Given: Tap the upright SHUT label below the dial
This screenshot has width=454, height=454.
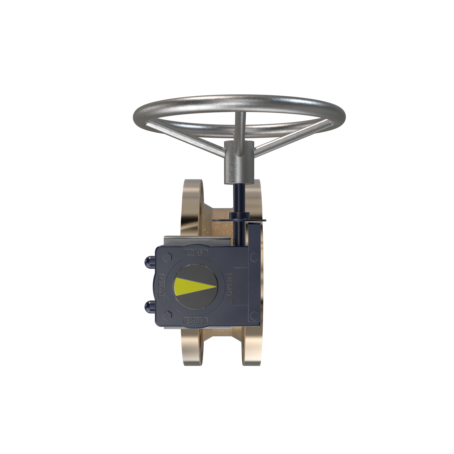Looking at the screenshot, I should [x=196, y=320].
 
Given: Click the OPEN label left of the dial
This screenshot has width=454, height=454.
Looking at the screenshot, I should [x=162, y=286].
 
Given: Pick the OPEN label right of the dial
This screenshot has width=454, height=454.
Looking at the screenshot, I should [x=229, y=285].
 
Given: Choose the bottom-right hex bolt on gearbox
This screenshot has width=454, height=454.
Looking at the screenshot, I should [x=253, y=316].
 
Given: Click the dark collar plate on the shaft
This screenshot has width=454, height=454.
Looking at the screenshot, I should [x=239, y=220].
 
